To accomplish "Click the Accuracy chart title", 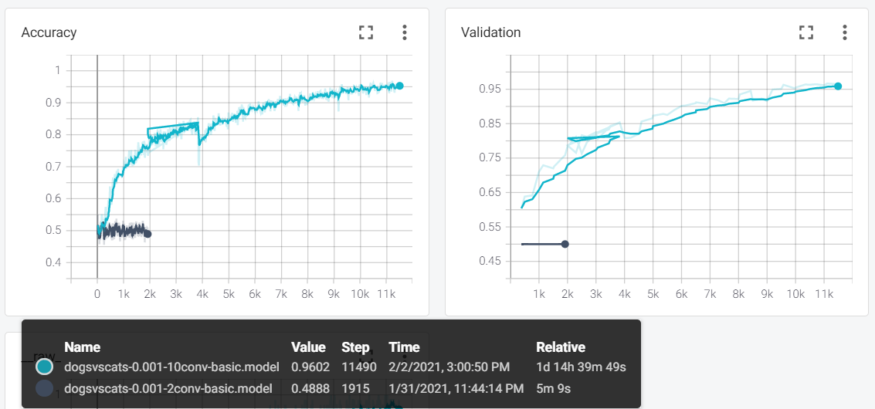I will (x=49, y=32).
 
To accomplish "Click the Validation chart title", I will (x=490, y=32).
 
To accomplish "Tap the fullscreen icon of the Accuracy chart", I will (x=366, y=32).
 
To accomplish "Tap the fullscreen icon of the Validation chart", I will (x=806, y=32).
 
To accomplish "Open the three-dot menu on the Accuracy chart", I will (x=404, y=32).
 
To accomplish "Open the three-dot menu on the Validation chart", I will (x=845, y=32).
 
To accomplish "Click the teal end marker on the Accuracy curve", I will (x=399, y=86).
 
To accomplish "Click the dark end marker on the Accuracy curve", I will (x=148, y=234).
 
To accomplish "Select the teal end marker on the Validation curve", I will (x=838, y=86).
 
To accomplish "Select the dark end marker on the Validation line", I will (x=565, y=244).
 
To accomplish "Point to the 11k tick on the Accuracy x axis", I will (x=386, y=295).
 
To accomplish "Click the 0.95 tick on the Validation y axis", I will (x=490, y=90).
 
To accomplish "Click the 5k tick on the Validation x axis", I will (x=653, y=295).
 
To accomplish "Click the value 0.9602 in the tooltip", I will (x=308, y=367).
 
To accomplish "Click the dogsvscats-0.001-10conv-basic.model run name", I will (x=168, y=367).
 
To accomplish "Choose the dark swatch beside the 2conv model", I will (x=45, y=387).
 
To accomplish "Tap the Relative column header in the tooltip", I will (x=560, y=347).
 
